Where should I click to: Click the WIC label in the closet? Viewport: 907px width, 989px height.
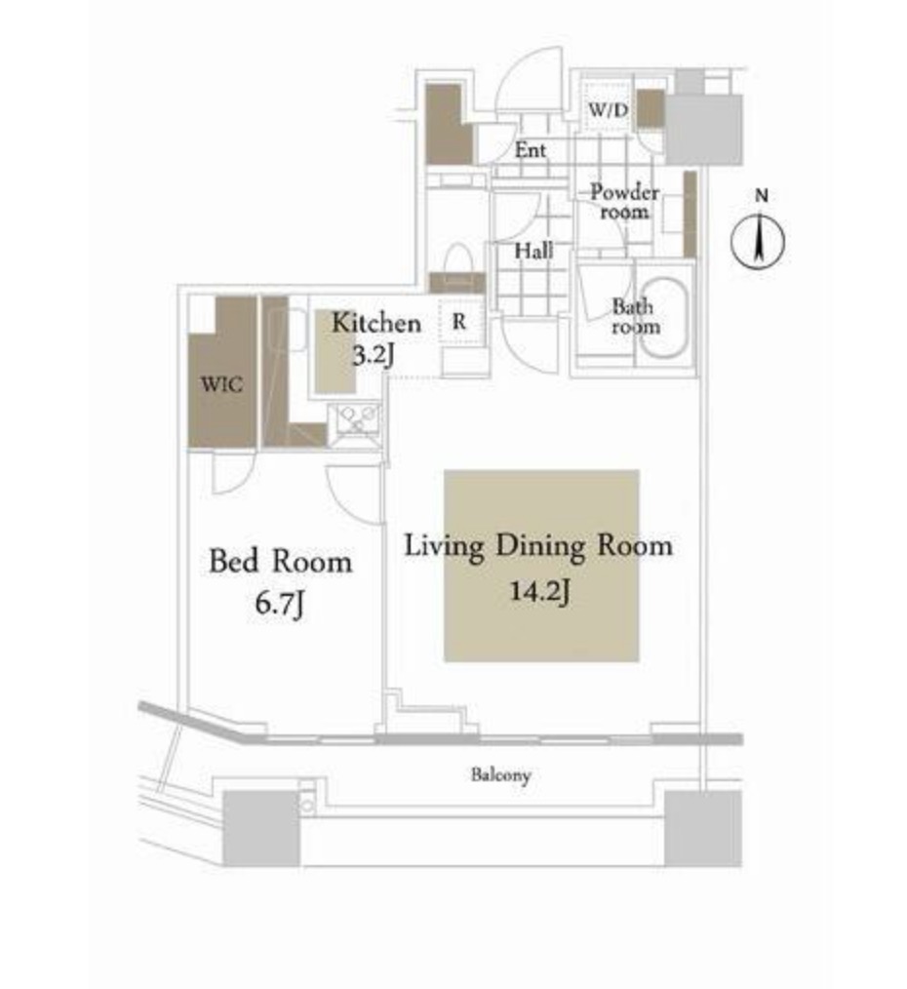(221, 384)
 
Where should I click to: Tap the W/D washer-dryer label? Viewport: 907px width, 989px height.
(608, 110)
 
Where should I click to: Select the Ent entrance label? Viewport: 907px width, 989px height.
(531, 150)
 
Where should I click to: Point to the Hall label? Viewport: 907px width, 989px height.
(533, 251)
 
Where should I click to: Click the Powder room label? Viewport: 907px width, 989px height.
(624, 201)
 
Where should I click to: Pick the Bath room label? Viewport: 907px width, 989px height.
(636, 317)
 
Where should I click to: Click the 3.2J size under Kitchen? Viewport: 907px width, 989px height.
(374, 355)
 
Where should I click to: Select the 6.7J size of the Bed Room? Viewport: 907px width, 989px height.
(280, 604)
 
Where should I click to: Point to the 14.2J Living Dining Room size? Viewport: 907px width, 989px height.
(540, 592)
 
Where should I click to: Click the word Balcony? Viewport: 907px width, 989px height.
(501, 774)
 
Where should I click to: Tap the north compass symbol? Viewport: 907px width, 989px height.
(758, 242)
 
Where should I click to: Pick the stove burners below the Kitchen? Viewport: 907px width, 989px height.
(357, 418)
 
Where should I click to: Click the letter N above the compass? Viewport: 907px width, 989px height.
(762, 195)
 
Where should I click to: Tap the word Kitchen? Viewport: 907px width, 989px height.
(376, 323)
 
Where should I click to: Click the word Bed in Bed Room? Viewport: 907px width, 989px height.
(233, 562)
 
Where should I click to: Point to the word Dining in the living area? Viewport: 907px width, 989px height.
(540, 547)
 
